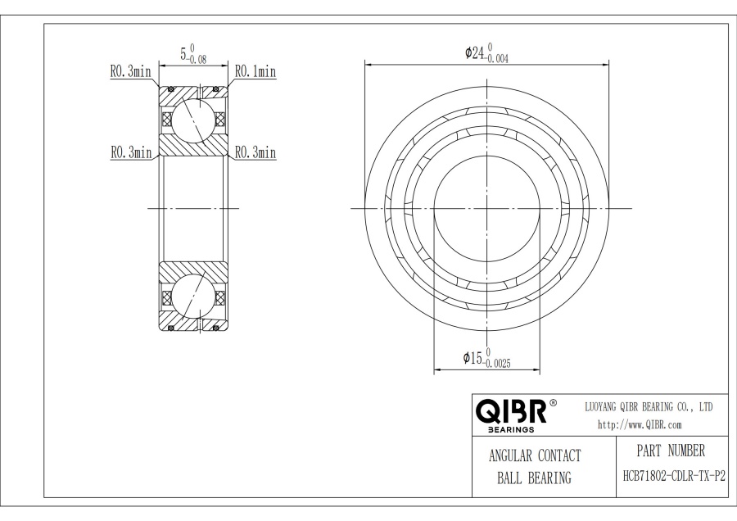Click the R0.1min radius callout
(x=255, y=72)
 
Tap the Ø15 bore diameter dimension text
(x=473, y=358)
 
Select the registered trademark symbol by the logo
(x=553, y=403)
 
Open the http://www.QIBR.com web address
(x=640, y=424)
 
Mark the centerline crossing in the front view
(x=487, y=208)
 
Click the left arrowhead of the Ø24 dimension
(x=368, y=64)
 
